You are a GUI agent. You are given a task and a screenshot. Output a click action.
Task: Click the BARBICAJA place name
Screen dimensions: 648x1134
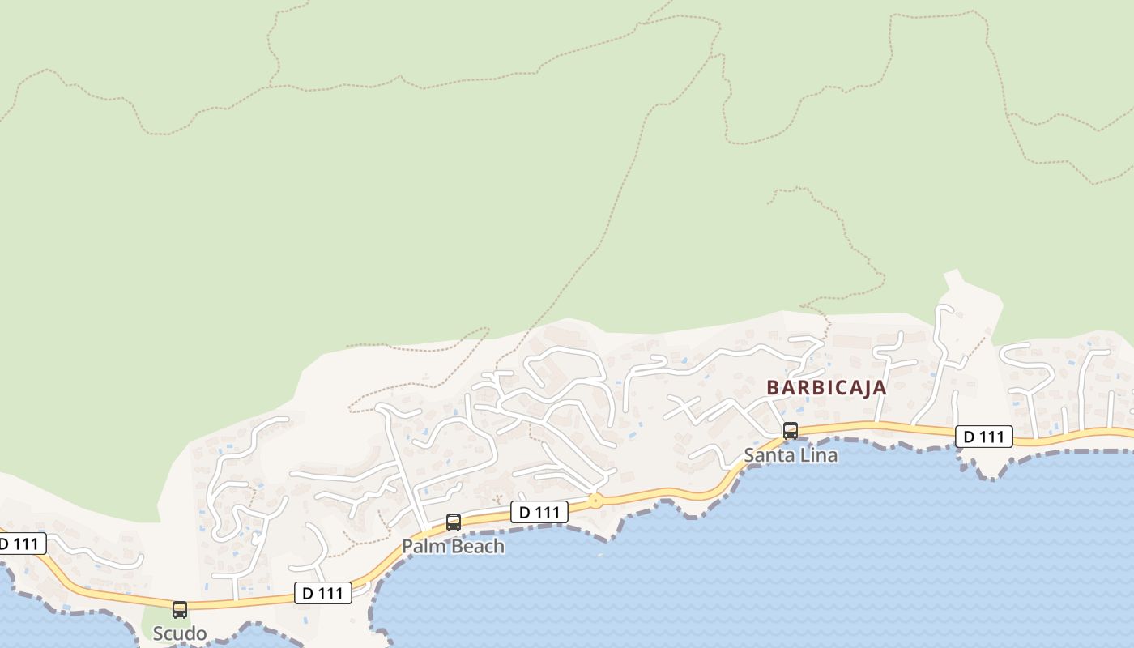click(826, 388)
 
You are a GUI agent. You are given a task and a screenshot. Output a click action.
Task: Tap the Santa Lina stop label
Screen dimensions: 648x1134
click(791, 455)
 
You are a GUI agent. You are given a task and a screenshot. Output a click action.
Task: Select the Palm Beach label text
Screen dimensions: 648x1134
click(453, 547)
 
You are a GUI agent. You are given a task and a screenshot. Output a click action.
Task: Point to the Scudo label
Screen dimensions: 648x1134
click(180, 633)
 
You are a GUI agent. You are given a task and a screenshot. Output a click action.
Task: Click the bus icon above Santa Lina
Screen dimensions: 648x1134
click(791, 431)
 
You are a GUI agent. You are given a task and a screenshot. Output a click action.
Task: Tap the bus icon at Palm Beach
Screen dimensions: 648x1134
click(454, 522)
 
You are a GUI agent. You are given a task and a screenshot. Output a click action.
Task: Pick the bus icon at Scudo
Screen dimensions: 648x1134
click(180, 609)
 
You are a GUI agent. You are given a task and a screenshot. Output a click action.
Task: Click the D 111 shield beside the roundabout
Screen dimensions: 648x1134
click(539, 512)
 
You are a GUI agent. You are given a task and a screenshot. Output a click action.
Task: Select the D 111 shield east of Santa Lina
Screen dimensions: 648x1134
click(983, 437)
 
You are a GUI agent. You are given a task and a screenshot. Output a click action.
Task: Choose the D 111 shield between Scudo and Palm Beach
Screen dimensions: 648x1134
click(322, 593)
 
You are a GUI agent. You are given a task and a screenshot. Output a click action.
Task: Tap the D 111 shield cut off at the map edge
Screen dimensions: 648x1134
click(19, 544)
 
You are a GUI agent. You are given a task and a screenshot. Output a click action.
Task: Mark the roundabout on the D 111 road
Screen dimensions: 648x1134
click(595, 501)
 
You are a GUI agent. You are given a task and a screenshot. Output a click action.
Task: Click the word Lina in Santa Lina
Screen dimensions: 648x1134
click(818, 455)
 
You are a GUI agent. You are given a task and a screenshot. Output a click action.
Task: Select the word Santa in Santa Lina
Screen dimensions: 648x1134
click(769, 455)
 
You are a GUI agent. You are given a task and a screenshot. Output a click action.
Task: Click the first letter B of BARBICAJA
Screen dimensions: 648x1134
click(772, 388)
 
